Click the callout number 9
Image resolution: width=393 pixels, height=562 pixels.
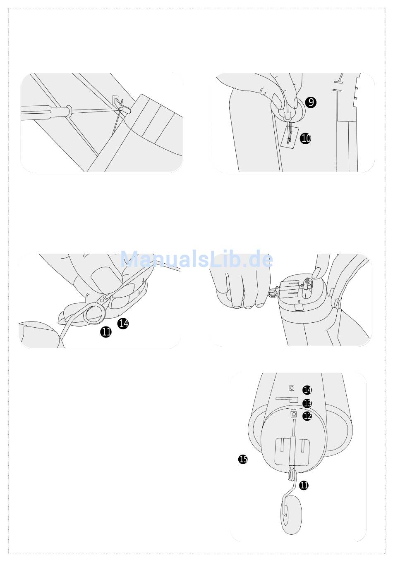click(x=311, y=102)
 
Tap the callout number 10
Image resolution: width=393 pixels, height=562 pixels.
click(x=305, y=138)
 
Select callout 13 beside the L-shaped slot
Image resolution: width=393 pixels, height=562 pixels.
click(x=307, y=403)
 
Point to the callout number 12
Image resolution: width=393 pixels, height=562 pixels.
click(x=307, y=416)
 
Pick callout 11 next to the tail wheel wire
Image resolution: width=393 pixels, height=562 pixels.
click(x=304, y=486)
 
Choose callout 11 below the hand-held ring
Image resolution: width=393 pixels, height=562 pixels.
click(x=106, y=332)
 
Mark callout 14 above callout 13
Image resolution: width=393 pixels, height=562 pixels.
click(x=307, y=390)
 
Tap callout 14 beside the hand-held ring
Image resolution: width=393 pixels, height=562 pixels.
click(x=123, y=324)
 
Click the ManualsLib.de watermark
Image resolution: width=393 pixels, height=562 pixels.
click(x=196, y=259)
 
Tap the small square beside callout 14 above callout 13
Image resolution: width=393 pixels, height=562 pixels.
click(x=292, y=388)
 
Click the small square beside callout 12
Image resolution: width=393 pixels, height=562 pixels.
click(x=293, y=413)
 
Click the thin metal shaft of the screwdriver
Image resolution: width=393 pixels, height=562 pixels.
click(x=95, y=110)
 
